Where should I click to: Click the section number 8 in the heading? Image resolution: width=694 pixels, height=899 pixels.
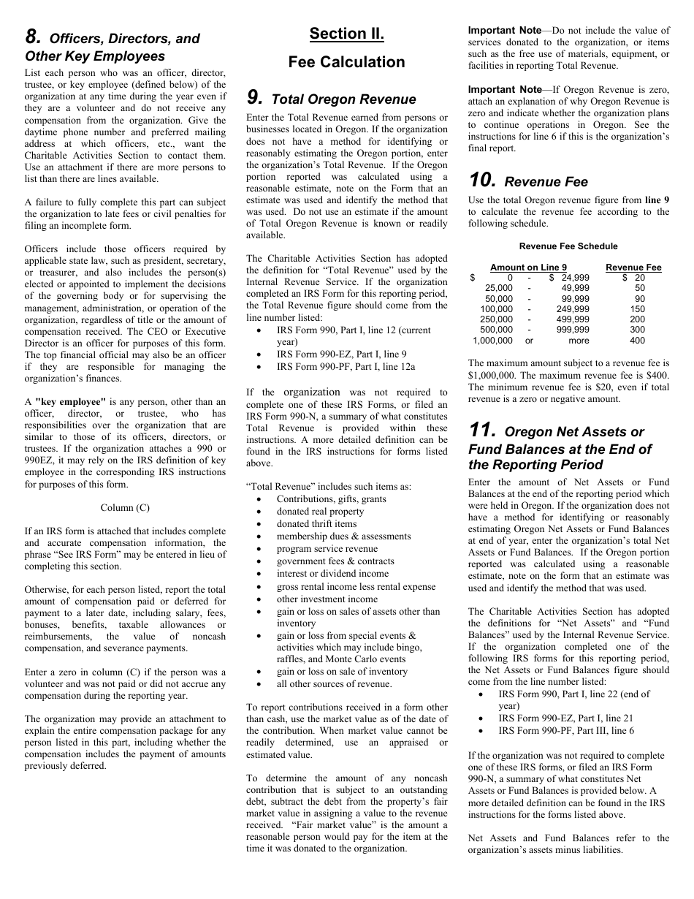point(32,37)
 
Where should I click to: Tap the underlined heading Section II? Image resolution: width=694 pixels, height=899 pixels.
point(346,34)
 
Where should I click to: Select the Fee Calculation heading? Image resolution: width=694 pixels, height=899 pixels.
point(346,62)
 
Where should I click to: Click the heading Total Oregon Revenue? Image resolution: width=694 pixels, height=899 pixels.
point(343,99)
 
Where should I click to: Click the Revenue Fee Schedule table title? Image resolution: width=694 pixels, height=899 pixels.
point(568,246)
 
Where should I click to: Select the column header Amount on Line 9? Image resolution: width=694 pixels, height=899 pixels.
point(528,268)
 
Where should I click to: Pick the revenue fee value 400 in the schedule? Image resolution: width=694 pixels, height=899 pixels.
point(637,341)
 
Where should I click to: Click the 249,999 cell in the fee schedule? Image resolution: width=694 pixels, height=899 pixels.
point(575,309)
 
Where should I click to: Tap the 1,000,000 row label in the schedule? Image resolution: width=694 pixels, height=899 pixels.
point(492,341)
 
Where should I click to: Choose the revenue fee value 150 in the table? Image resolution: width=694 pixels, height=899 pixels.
point(637,309)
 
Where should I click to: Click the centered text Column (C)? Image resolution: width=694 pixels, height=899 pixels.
point(125,507)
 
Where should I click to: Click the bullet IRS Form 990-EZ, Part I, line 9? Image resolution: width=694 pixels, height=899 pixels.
point(341,354)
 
